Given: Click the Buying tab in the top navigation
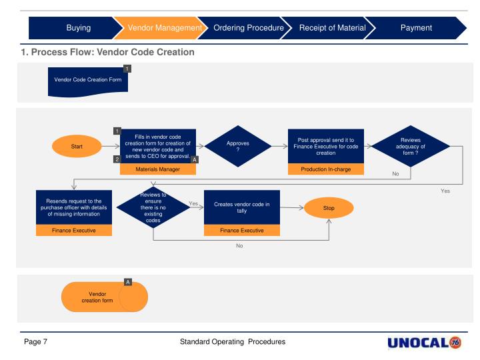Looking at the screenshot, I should coord(78,28).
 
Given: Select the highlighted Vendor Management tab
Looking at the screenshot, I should coord(160,28).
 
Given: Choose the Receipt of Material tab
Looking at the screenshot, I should coord(332,28).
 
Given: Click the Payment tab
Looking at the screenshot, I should coord(416,28).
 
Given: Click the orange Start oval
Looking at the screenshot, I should coord(77,146).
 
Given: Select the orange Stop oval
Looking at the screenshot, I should coord(329,208).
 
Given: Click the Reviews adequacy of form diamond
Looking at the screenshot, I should coord(410,146).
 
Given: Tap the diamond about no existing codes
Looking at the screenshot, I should coord(153,208).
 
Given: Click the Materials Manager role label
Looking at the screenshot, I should coord(158,169).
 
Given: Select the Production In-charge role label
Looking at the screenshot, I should coord(326,169).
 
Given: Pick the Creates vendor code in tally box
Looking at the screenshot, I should coord(241,208).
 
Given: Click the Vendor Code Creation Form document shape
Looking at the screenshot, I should coord(87,81).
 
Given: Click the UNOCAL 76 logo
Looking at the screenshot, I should coord(424,343).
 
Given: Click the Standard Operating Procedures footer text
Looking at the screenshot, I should coord(233,342).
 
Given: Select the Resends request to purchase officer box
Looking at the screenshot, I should coord(74,208).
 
